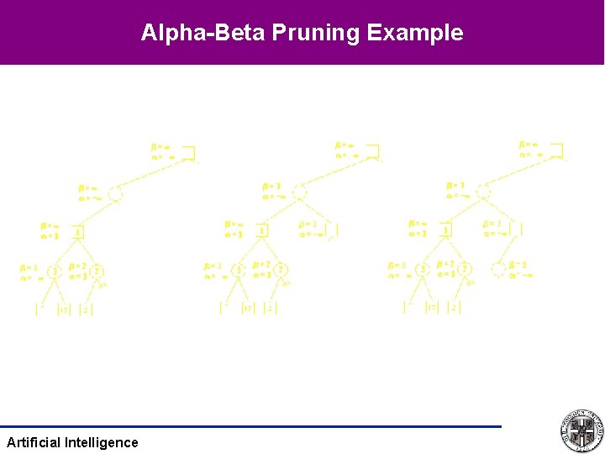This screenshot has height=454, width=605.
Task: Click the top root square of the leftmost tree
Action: (x=188, y=152)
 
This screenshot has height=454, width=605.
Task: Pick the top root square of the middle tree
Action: (x=372, y=152)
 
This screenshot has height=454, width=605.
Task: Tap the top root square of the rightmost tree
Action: (x=556, y=152)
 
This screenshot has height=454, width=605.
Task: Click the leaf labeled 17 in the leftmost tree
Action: (x=62, y=309)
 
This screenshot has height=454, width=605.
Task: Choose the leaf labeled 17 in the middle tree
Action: (x=247, y=309)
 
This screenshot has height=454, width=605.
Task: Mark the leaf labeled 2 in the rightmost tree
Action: (x=454, y=309)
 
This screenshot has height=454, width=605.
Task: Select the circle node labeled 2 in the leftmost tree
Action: (x=97, y=271)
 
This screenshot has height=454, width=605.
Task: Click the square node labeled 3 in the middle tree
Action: (x=262, y=230)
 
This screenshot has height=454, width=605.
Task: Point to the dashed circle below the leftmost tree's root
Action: (x=116, y=194)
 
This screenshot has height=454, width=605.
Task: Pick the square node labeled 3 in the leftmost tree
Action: (x=78, y=232)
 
